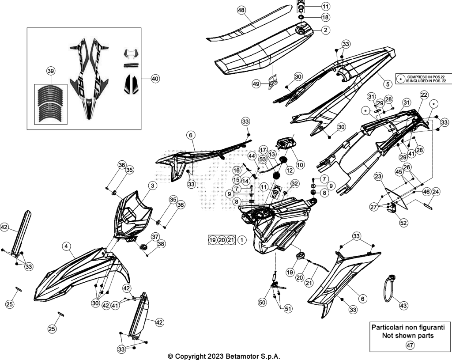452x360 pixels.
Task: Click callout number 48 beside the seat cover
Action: (x=241, y=11)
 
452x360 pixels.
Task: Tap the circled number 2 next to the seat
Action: (x=325, y=30)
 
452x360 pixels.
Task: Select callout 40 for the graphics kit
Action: (x=155, y=79)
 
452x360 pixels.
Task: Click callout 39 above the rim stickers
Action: (x=51, y=71)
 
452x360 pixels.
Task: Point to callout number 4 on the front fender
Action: (x=66, y=246)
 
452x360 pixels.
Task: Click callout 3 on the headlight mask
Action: (x=152, y=186)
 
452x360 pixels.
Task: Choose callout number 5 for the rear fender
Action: (x=388, y=84)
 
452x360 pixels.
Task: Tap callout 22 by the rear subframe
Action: (x=424, y=95)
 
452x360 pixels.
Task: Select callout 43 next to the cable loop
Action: (x=403, y=305)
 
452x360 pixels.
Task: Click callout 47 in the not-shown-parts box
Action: (x=410, y=345)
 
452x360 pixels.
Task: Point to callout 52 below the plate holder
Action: (x=403, y=223)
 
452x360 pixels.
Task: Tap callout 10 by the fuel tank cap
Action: (x=300, y=165)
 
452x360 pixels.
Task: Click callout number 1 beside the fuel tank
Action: (x=242, y=240)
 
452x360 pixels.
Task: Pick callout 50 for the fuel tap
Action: (x=262, y=302)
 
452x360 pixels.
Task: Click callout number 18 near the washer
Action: (x=325, y=18)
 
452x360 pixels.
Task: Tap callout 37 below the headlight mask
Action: (x=155, y=237)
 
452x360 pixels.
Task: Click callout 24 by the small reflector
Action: (x=436, y=192)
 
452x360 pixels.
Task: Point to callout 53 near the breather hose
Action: (x=263, y=159)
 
